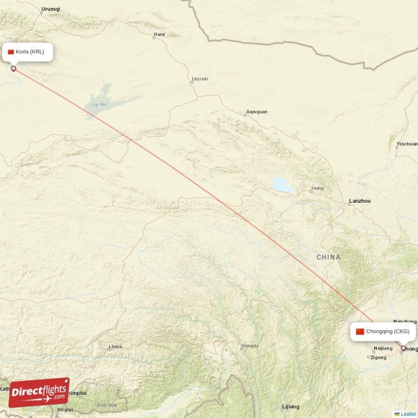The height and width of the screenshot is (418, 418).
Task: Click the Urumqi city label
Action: [50, 9]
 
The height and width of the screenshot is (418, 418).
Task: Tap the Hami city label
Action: [159, 35]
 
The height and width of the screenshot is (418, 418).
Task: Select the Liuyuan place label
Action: [200, 79]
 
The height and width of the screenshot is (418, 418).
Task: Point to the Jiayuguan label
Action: [256, 112]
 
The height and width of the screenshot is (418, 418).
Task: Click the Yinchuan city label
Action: [407, 144]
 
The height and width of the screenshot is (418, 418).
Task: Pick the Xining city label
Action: [317, 188]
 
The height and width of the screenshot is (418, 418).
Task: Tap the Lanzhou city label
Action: [359, 201]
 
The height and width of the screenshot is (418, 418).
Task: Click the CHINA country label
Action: [328, 257]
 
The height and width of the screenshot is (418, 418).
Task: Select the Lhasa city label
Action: [115, 346]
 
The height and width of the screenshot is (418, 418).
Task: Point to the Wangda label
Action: [249, 346]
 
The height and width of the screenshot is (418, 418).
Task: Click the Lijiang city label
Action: [291, 407]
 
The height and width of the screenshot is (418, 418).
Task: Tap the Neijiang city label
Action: [383, 348]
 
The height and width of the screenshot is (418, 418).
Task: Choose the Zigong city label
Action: [377, 357]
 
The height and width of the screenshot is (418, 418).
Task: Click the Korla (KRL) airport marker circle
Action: [14, 68]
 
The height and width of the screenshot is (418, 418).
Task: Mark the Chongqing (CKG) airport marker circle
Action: [403, 347]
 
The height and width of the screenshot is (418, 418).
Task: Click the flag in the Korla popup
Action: [10, 52]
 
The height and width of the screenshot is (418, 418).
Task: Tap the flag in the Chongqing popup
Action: [359, 331]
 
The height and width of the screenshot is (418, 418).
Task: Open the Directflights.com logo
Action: [39, 392]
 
